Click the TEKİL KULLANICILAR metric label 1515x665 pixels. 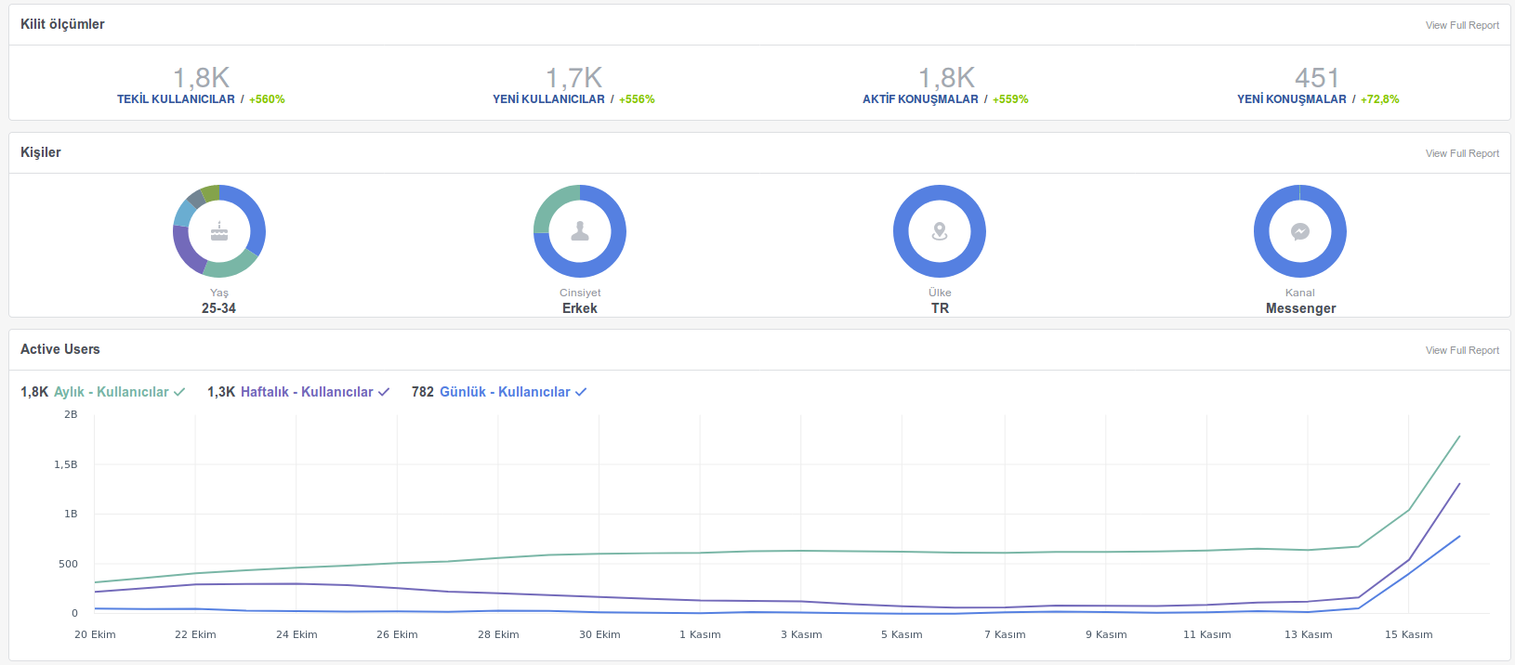[x=176, y=99]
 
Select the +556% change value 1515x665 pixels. [x=637, y=99]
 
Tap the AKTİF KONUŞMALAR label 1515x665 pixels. [x=920, y=99]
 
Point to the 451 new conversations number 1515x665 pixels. [x=1317, y=78]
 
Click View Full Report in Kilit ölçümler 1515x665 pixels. [x=1462, y=25]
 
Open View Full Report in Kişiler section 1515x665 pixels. [x=1462, y=153]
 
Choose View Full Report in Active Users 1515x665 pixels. [x=1462, y=350]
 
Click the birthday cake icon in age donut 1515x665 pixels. [x=219, y=231]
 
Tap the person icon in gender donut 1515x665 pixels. [x=580, y=231]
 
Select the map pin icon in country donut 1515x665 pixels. [x=940, y=231]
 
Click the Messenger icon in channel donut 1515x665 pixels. [x=1300, y=231]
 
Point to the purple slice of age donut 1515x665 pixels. [x=185, y=250]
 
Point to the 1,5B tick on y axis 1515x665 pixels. [x=66, y=464]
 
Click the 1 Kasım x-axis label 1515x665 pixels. [x=700, y=634]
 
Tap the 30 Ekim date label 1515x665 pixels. [x=599, y=634]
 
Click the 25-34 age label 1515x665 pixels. [x=218, y=308]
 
